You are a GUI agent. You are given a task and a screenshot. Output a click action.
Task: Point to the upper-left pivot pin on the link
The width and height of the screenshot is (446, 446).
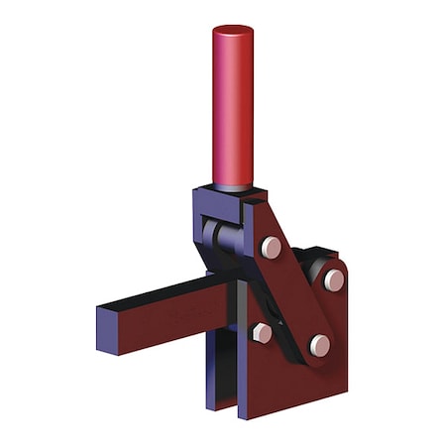pyautogui.click(x=271, y=247)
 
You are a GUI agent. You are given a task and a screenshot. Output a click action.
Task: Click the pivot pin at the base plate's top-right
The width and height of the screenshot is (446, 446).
pyautogui.click(x=334, y=279)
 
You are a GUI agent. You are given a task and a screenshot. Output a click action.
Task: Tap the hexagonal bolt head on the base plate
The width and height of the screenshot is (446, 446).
pyautogui.click(x=262, y=333)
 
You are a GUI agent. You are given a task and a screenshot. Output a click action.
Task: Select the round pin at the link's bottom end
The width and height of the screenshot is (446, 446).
pyautogui.click(x=319, y=345)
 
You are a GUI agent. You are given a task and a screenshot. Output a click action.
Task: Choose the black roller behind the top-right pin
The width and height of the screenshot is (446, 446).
pyautogui.click(x=316, y=270)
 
